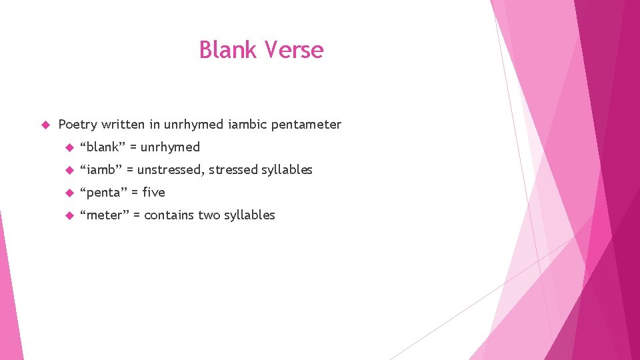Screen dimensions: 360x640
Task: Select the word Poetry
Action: [x=78, y=125]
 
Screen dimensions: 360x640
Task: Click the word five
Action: [x=153, y=193]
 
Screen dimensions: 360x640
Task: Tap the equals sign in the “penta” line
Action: [x=135, y=193]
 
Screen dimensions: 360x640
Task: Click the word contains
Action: [x=169, y=215]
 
